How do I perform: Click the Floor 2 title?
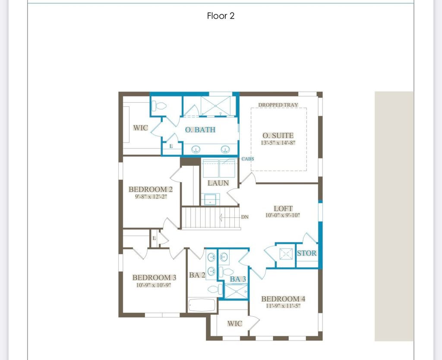coord(221,16)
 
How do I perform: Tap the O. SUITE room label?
coord(278,135)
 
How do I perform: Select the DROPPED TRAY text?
coord(278,105)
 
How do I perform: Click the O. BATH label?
coord(200,129)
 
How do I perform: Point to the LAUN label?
coord(218,183)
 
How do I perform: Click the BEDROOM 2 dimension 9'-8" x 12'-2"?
coord(151,196)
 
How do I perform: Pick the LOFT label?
coord(283,208)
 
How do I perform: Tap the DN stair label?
coord(245,217)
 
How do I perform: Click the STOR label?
coord(307,253)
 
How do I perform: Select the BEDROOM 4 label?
coord(283,299)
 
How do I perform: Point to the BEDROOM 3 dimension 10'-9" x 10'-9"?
coord(154,285)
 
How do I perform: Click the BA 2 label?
coord(197,275)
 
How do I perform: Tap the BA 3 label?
coord(238,279)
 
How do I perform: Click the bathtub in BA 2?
coord(202,306)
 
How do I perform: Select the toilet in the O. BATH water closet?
coord(159,106)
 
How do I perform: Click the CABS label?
coord(248,159)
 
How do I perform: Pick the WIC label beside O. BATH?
coord(140,128)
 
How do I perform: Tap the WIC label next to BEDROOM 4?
coord(234,323)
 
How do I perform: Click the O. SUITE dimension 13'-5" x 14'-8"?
coord(278,142)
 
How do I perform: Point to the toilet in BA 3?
coord(226,272)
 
